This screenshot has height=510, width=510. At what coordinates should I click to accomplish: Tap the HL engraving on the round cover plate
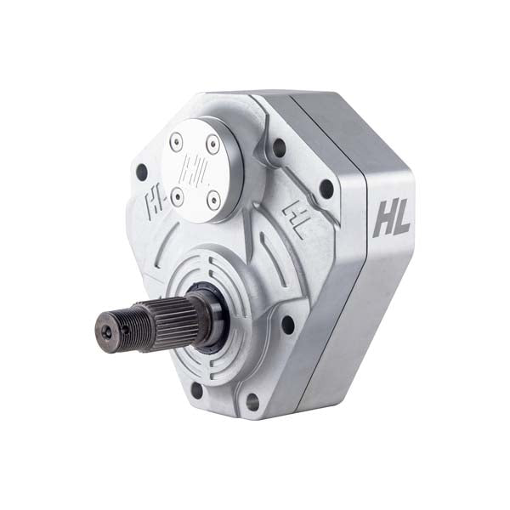pyautogui.click(x=195, y=168)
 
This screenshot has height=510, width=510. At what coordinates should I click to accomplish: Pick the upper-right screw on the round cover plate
pyautogui.click(x=212, y=145)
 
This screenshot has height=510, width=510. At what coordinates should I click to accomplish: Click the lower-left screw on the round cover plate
pyautogui.click(x=177, y=197)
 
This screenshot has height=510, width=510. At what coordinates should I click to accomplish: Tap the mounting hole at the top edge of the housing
pyautogui.click(x=279, y=148)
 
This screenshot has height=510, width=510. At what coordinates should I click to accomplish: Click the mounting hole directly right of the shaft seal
pyautogui.click(x=287, y=324)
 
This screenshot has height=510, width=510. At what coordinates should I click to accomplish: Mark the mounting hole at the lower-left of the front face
pyautogui.click(x=197, y=389)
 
